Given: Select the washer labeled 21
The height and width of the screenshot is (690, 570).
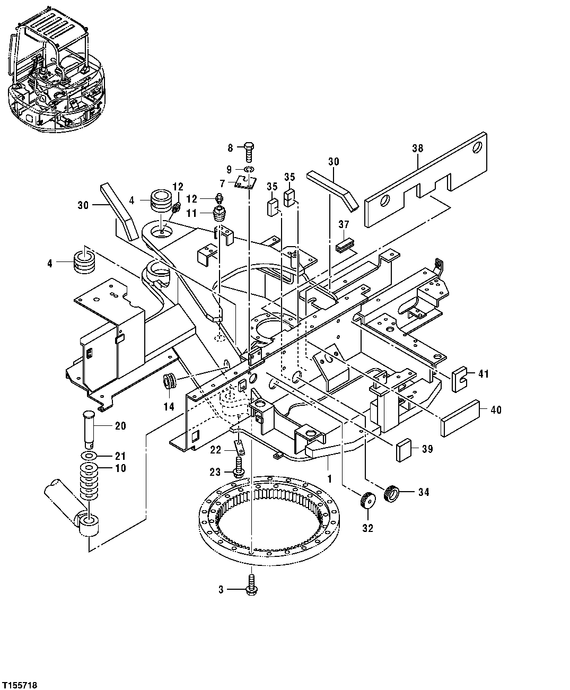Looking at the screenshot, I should pos(89,456).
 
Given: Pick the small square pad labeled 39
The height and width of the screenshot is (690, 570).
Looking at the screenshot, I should pos(405,449).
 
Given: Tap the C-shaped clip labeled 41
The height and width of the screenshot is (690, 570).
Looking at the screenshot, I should pos(459,378).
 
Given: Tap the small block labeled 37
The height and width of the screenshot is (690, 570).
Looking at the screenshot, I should pos(345,246).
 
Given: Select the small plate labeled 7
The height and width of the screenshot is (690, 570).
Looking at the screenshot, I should pos(245,182).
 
